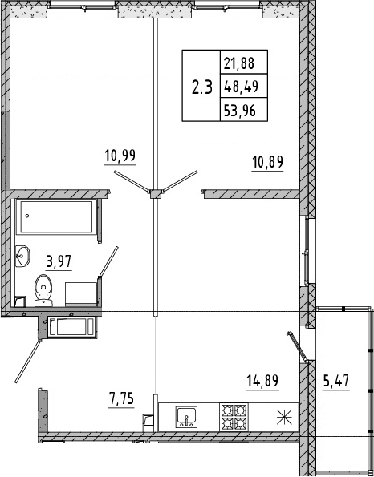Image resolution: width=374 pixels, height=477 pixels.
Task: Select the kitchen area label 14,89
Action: click(262, 382)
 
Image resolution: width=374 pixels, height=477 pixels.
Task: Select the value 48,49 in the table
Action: click(242, 87)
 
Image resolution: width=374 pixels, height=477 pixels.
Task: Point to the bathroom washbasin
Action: click(22, 257)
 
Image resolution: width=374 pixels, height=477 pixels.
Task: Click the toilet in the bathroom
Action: click(43, 288)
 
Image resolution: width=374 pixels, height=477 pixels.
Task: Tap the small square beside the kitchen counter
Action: click(148, 418)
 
